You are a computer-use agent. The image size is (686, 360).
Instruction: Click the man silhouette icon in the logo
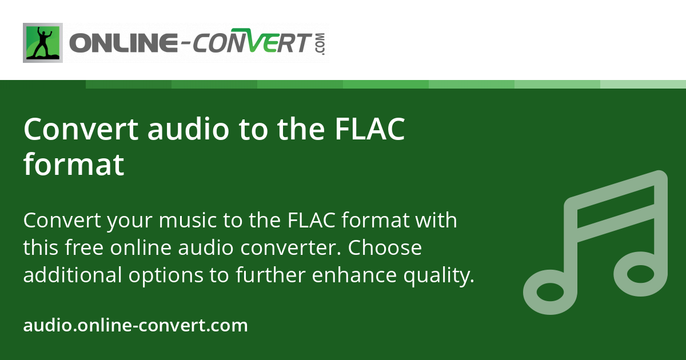(43, 43)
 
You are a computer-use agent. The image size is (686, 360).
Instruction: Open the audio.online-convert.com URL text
(135, 326)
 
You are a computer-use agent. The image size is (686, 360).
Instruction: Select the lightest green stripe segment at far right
(643, 84)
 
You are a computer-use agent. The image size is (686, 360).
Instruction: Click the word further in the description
(270, 275)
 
